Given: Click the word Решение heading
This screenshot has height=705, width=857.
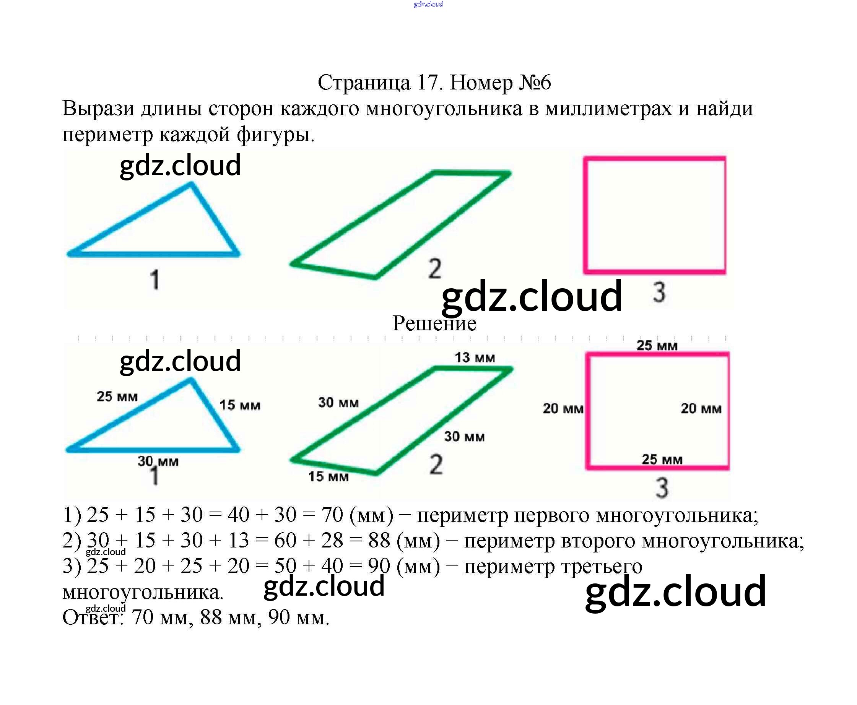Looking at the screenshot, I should pyautogui.click(x=434, y=323).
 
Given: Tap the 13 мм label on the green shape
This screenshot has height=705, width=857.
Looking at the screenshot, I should pyautogui.click(x=475, y=358).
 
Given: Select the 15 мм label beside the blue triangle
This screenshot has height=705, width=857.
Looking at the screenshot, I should pyautogui.click(x=240, y=405).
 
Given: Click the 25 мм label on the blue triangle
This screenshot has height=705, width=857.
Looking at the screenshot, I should pyautogui.click(x=117, y=396).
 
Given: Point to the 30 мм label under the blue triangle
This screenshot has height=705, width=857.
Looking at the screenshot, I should pyautogui.click(x=158, y=461).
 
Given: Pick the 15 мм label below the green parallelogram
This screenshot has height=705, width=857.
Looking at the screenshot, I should pyautogui.click(x=328, y=476).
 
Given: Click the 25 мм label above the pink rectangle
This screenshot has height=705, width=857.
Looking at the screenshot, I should pyautogui.click(x=656, y=346).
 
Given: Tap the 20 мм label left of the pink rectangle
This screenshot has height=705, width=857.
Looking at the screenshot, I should pyautogui.click(x=563, y=408).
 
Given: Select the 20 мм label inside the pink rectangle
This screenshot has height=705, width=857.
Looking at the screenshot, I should pyautogui.click(x=701, y=408).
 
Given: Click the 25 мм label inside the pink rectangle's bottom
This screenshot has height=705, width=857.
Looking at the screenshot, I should pyautogui.click(x=662, y=459).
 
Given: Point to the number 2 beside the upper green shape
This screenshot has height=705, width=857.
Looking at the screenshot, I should pyautogui.click(x=434, y=269).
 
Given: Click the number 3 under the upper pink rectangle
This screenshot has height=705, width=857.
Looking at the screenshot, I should pyautogui.click(x=659, y=292).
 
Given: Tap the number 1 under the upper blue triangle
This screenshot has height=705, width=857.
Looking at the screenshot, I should pyautogui.click(x=155, y=280).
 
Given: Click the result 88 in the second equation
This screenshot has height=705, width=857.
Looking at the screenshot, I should pyautogui.click(x=379, y=541).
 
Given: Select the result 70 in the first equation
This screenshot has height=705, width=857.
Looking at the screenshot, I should pyautogui.click(x=332, y=515).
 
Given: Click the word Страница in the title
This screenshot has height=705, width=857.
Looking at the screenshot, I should pyautogui.click(x=364, y=83).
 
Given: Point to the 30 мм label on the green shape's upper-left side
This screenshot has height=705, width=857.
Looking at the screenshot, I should pyautogui.click(x=338, y=403).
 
